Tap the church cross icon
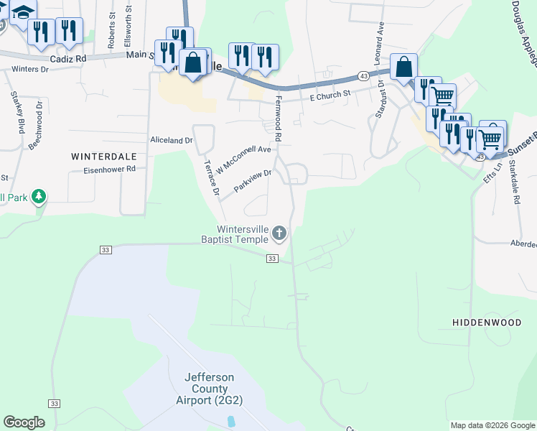tap(279, 233)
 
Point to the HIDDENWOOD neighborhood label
tap(487, 323)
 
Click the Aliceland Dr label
tap(171, 140)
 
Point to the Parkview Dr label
tap(253, 180)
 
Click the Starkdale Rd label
tap(514, 182)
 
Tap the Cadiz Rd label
tap(68, 58)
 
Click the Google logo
tap(24, 422)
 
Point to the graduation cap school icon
tap(24, 11)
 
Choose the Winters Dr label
tap(29, 70)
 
